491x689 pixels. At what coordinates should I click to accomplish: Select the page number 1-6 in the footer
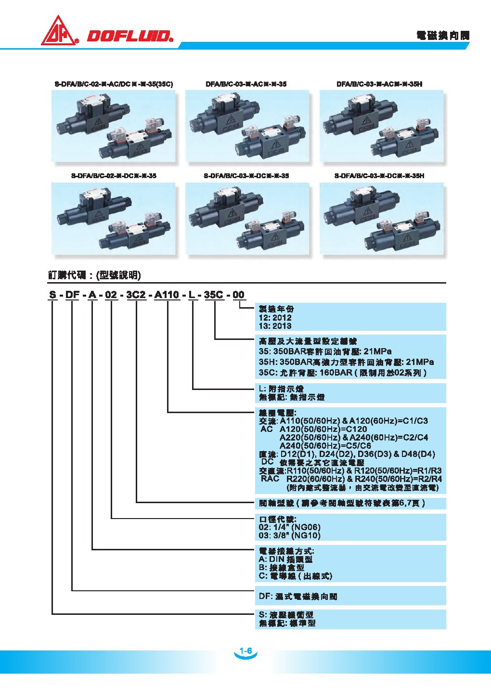click(x=245, y=651)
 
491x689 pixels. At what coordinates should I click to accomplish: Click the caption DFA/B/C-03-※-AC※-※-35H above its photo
click(x=380, y=84)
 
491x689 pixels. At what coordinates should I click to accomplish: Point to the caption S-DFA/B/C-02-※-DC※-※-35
click(x=113, y=176)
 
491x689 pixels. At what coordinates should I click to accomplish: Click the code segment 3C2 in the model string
click(x=136, y=295)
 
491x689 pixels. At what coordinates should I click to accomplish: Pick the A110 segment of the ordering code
click(x=167, y=295)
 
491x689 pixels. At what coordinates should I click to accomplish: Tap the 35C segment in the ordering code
click(x=213, y=295)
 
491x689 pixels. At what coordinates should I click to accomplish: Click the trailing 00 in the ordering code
click(x=239, y=295)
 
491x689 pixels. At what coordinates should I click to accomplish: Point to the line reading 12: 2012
click(x=275, y=318)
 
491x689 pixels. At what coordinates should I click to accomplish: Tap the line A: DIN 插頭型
click(x=286, y=559)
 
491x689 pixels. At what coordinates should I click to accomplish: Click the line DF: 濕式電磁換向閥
click(x=298, y=597)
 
